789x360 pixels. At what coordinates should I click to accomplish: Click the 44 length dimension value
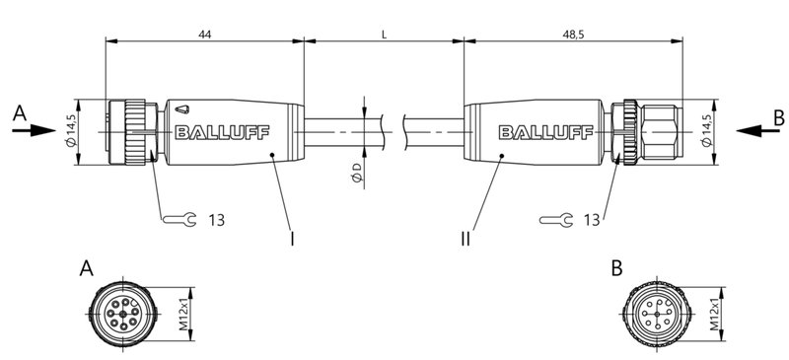point(204,34)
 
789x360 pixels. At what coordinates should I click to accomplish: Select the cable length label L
point(384,34)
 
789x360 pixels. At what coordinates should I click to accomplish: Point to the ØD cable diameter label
point(355,175)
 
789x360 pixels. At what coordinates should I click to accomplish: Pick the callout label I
point(292,238)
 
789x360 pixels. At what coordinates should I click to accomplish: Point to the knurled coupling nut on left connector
point(127,131)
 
